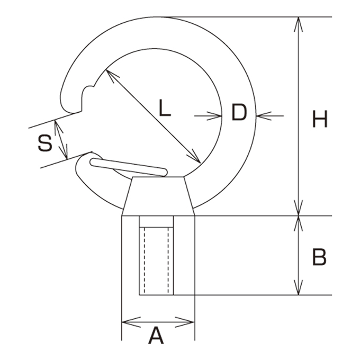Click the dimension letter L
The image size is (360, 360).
coord(165,108)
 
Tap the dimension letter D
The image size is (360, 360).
coord(239,112)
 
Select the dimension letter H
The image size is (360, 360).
coord(320,119)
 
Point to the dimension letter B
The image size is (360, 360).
coord(319,257)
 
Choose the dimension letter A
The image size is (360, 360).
coord(156,336)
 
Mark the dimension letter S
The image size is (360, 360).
coord(45,143)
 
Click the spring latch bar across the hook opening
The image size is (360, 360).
coord(129,167)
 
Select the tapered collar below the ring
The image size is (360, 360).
coord(158,196)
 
